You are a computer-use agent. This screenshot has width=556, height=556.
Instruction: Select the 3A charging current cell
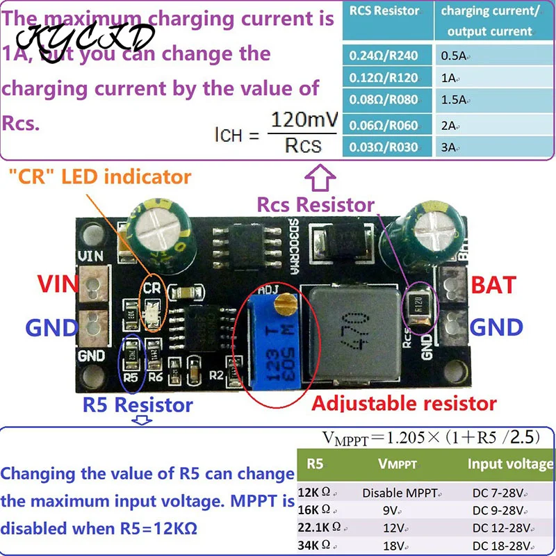(x=448, y=147)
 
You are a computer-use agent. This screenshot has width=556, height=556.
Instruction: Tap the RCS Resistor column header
(x=384, y=11)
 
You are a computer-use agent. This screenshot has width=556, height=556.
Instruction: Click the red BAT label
(x=493, y=285)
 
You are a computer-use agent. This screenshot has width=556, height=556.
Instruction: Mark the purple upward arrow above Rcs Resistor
(x=321, y=183)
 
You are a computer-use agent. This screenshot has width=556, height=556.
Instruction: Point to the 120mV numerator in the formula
(x=304, y=120)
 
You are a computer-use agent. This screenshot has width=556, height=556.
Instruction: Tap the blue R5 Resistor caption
(x=137, y=404)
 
